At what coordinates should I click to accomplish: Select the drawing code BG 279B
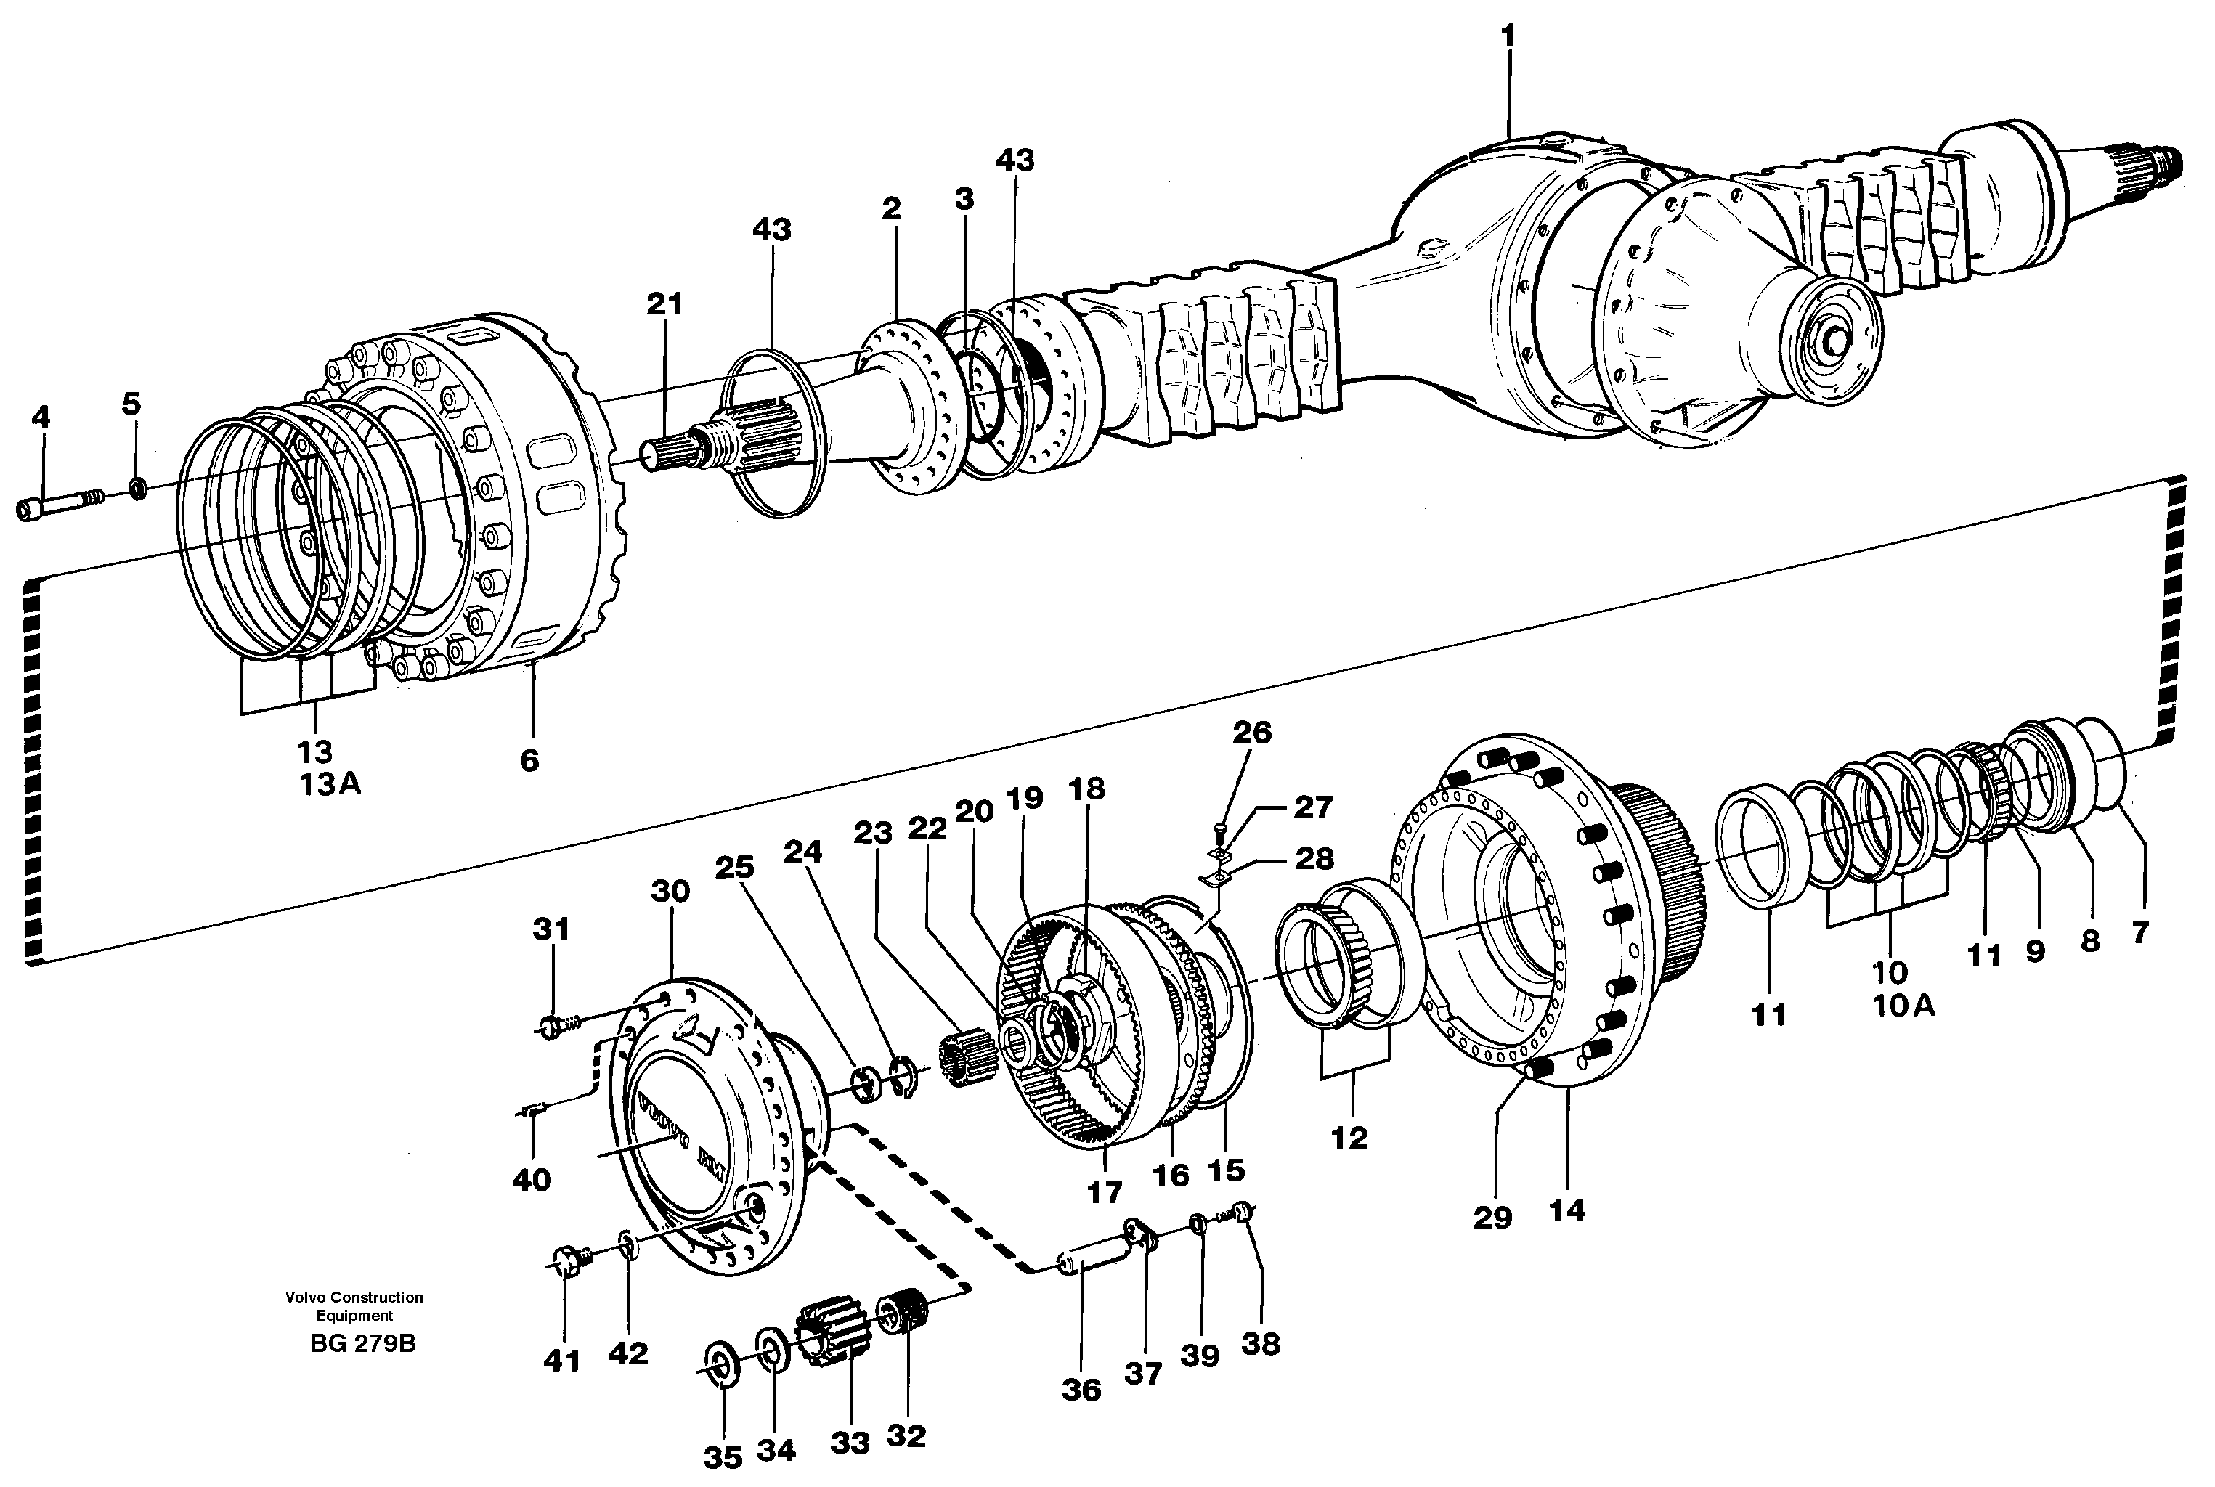pyautogui.click(x=362, y=1345)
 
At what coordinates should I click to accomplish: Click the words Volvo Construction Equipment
pyautogui.click(x=354, y=1306)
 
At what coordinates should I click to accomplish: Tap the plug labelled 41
pyautogui.click(x=566, y=1261)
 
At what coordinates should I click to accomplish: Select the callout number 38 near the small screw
pyautogui.click(x=1261, y=1344)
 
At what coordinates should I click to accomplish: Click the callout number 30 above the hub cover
pyautogui.click(x=670, y=892)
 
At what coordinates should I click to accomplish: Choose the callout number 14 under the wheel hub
pyautogui.click(x=1566, y=1211)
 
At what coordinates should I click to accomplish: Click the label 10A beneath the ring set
pyautogui.click(x=1903, y=1005)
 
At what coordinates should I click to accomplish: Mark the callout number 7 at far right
pyautogui.click(x=2139, y=932)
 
